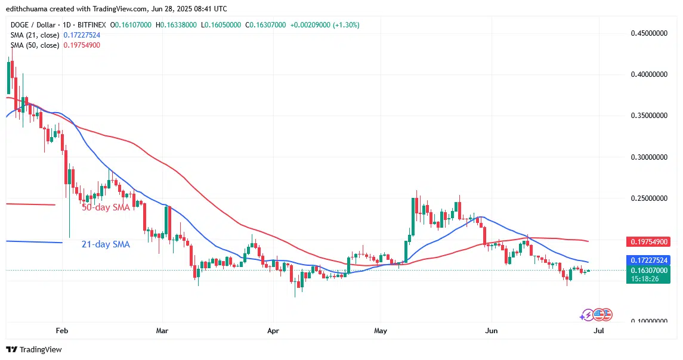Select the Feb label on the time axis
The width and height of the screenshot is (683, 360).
tap(62, 330)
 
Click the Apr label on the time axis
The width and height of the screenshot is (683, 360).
tap(273, 330)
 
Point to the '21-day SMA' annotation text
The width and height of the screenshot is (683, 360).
tap(105, 244)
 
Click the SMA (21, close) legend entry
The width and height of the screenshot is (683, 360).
tap(33, 35)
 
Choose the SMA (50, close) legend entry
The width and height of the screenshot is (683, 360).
tap(33, 45)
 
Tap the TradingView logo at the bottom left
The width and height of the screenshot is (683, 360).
tap(34, 349)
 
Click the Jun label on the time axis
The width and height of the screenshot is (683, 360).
tap(492, 330)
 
